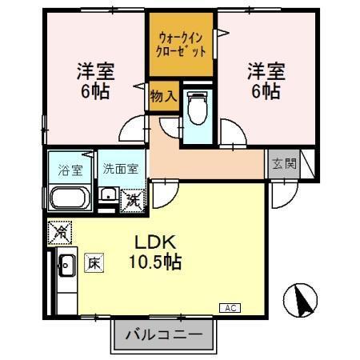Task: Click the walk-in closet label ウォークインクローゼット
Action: point(182,43)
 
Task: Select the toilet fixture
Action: point(196,106)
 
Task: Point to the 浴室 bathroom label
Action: point(70,170)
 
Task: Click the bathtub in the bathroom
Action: point(70,198)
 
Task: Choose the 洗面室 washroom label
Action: point(121,170)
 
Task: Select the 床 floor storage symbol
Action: point(94,262)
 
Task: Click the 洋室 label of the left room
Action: point(95,71)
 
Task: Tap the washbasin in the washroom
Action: point(106,195)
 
